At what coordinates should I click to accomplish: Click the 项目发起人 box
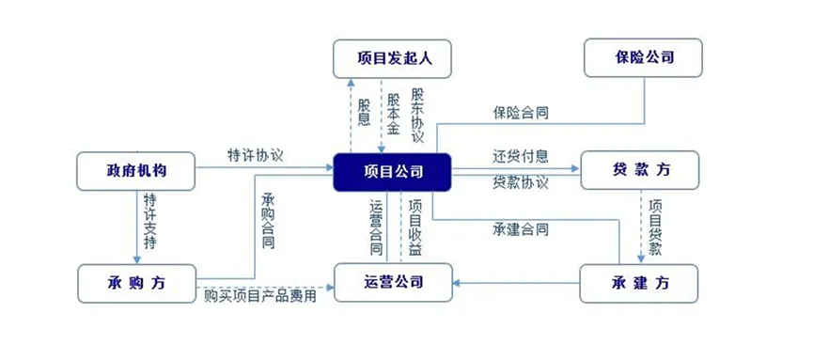[x=393, y=58]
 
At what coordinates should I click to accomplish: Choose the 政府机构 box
[x=135, y=171]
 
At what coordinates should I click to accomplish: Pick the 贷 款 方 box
[x=640, y=171]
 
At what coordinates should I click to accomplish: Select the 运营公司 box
[x=393, y=283]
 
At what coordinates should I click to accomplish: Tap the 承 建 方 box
[x=640, y=283]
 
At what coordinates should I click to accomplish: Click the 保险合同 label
[x=521, y=113]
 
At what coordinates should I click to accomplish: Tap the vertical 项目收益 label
[x=415, y=227]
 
